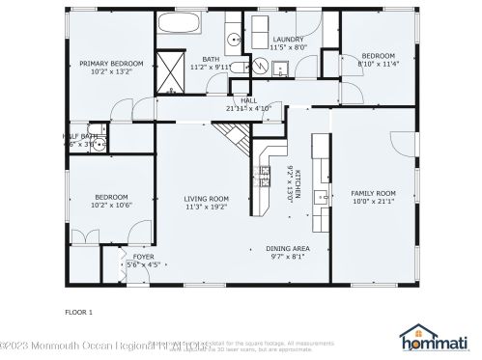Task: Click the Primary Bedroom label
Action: pyautogui.click(x=110, y=64)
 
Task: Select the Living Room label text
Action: pyautogui.click(x=206, y=199)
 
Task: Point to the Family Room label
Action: pyautogui.click(x=373, y=194)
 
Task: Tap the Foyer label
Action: pyautogui.click(x=142, y=256)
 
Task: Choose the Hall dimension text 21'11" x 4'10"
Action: pyautogui.click(x=248, y=108)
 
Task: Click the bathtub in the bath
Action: pyautogui.click(x=180, y=25)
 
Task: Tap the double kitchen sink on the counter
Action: pyautogui.click(x=262, y=175)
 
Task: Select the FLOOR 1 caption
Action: pyautogui.click(x=78, y=312)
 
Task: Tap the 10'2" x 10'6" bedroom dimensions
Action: pyautogui.click(x=110, y=205)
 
